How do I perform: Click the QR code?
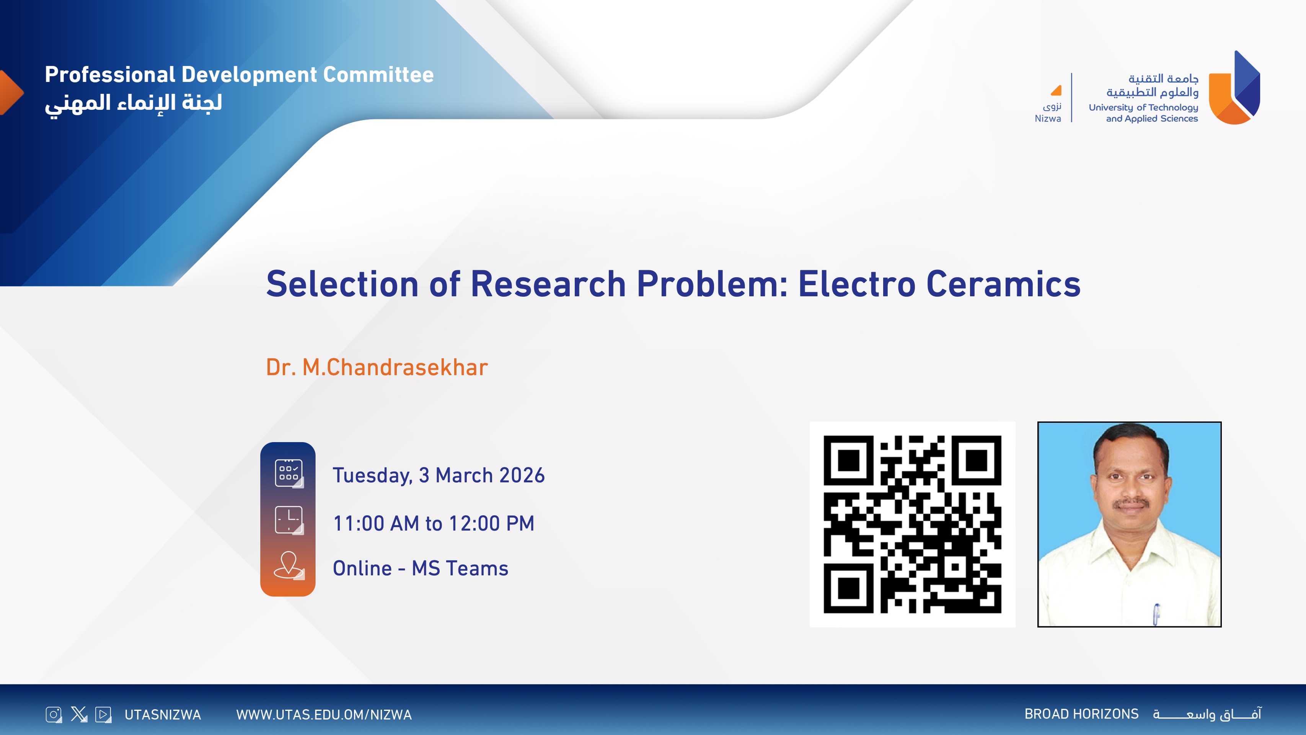[912, 524]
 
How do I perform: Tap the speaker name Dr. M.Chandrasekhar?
[377, 367]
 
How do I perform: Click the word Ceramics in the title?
[1003, 284]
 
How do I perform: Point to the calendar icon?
[289, 473]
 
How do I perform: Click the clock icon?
[289, 520]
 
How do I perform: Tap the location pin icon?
[289, 565]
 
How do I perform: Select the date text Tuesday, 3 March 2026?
[439, 476]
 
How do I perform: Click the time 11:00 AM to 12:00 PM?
[434, 523]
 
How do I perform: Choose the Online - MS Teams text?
[420, 568]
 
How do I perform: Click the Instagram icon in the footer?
[54, 715]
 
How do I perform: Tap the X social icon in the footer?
[79, 714]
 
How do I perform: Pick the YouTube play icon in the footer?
[103, 715]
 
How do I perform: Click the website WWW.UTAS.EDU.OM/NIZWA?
[324, 715]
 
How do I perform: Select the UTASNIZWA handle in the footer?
[163, 715]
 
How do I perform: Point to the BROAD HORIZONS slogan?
[1081, 714]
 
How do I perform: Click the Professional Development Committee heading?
[239, 75]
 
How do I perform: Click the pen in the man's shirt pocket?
[1156, 614]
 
